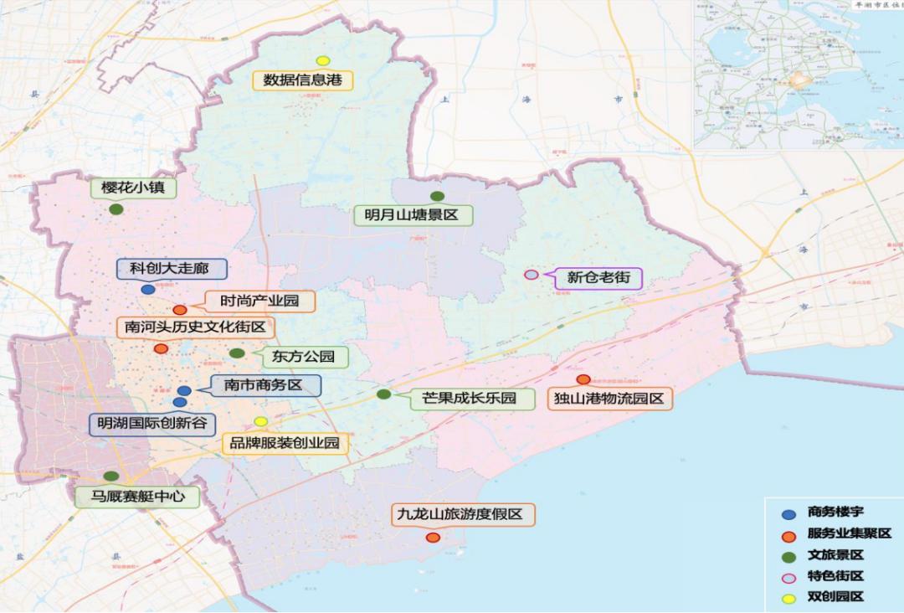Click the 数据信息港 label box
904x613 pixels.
304,80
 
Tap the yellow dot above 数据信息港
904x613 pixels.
322,60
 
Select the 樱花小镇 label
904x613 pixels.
134,188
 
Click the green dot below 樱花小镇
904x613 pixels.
116,209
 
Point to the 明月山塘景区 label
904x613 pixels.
411,215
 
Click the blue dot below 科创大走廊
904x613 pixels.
148,290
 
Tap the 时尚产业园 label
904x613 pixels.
259,301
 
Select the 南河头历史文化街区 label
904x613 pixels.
195,327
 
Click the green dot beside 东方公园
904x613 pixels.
237,353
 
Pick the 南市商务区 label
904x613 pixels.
262,385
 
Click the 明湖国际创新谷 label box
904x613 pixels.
152,424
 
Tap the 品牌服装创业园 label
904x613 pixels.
285,443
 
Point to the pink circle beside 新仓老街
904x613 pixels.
531,275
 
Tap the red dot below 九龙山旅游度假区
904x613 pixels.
433,537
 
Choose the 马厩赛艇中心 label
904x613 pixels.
138,497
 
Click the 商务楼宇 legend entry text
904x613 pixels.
835,513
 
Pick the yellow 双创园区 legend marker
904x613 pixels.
788,598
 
